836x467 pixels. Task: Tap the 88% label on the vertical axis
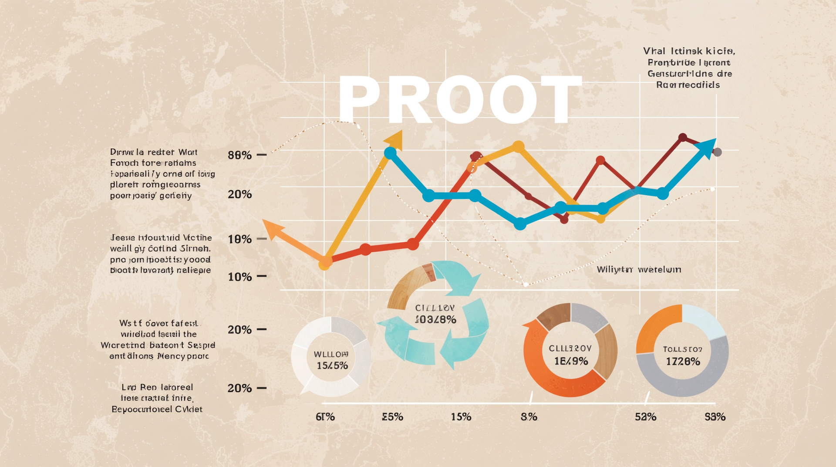tap(239, 155)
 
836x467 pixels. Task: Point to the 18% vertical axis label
tap(239, 239)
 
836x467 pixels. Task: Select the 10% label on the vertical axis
tap(239, 277)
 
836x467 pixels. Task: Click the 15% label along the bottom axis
tap(461, 417)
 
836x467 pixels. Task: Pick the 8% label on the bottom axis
tap(529, 417)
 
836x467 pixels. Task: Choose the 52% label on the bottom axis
tap(645, 417)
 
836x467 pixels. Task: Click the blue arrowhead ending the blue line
tap(706, 148)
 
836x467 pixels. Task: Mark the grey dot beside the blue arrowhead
tap(718, 152)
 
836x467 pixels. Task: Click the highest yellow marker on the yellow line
tap(518, 146)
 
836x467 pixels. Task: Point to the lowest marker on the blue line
tap(520, 224)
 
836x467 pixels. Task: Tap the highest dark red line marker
tap(682, 138)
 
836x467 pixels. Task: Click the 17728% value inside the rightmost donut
tap(683, 361)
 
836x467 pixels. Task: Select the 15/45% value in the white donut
tap(332, 365)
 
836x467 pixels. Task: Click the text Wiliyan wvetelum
tap(639, 270)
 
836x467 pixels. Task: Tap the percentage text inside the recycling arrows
tap(435, 319)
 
